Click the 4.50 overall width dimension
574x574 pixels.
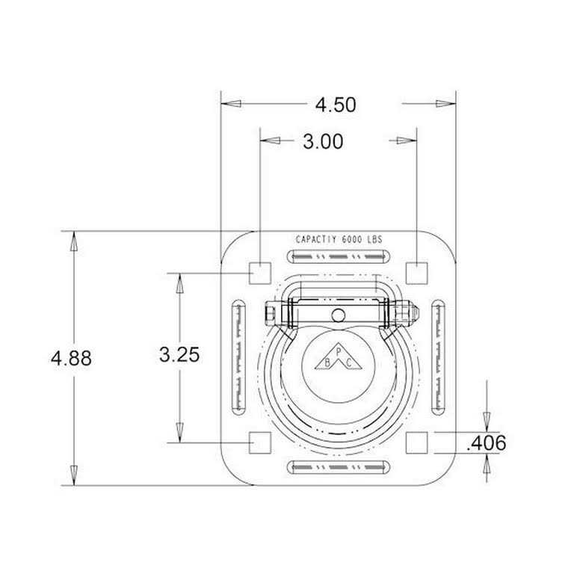click(x=335, y=105)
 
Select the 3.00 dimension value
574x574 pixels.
click(x=322, y=141)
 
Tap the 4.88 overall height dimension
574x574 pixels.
click(x=72, y=359)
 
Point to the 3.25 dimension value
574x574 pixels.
click(x=179, y=355)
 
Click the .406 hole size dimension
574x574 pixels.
click(x=485, y=443)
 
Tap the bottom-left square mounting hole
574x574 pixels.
click(x=259, y=442)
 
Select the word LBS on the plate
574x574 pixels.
click(x=374, y=240)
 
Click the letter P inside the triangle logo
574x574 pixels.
click(x=338, y=351)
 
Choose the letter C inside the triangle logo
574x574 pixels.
click(x=349, y=362)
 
